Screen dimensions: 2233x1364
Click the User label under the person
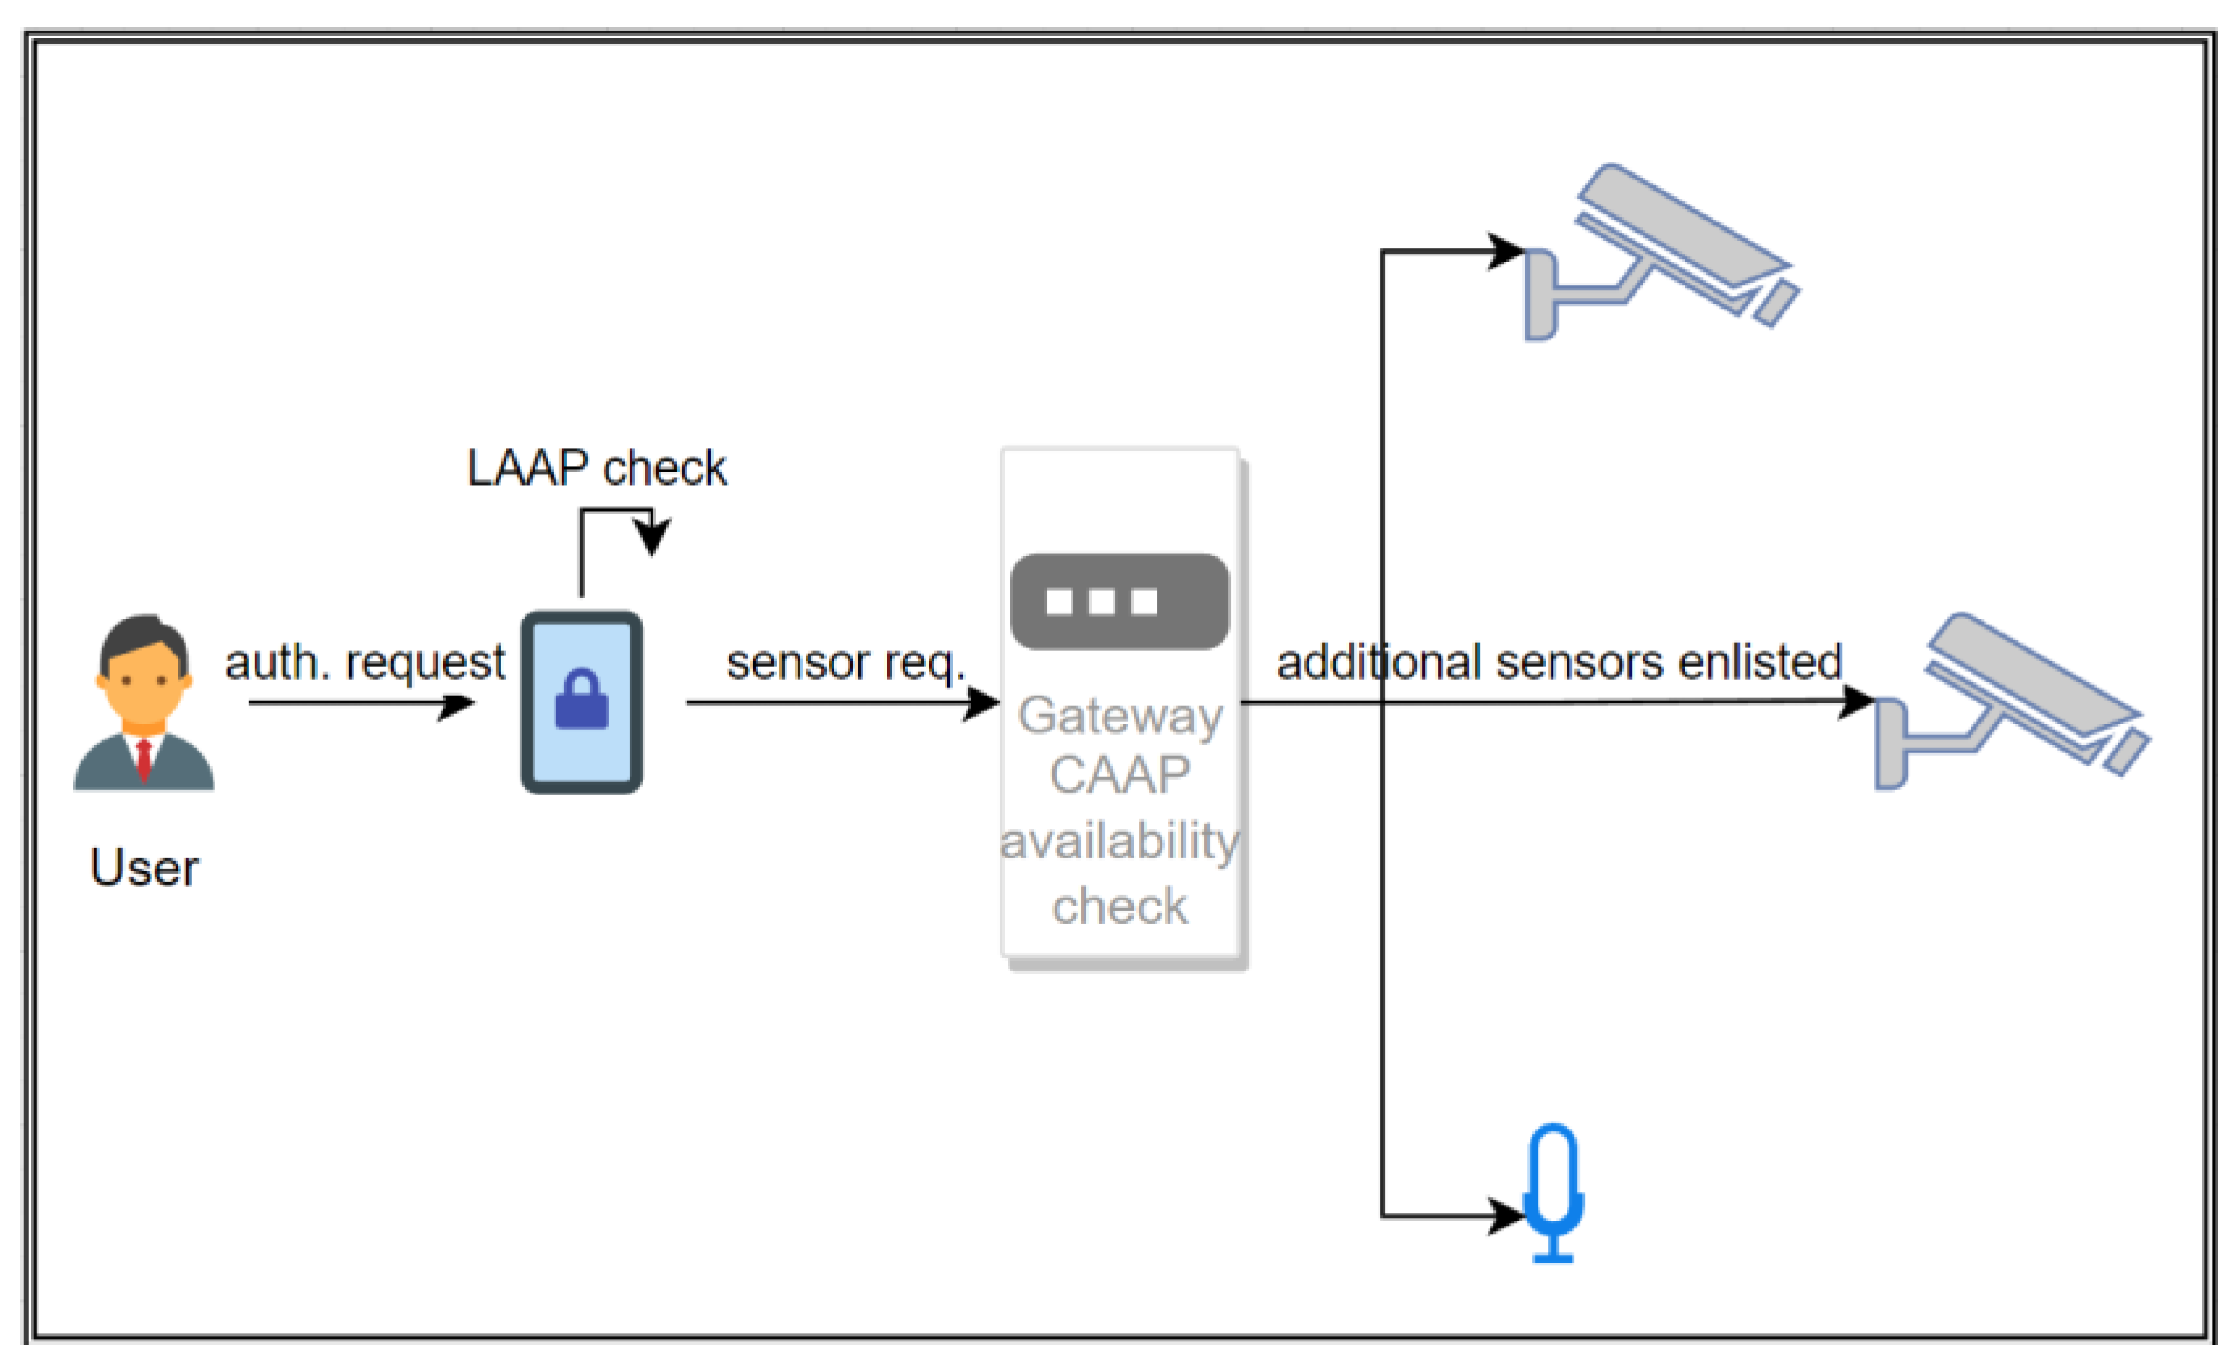144,868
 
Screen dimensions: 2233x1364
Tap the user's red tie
143,760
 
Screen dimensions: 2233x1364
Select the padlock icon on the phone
582,699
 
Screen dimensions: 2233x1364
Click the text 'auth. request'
366,662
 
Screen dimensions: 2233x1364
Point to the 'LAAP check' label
597,468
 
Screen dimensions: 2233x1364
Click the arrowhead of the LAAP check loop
652,535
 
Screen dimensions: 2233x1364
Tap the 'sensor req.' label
847,662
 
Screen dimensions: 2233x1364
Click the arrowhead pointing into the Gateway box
981,703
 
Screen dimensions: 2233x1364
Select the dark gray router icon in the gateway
1120,602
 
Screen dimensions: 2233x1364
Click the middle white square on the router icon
1102,602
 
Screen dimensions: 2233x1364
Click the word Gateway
1120,717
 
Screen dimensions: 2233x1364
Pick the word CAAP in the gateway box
1120,776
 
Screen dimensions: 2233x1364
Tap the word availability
1120,841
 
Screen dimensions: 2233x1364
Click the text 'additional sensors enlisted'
1559,661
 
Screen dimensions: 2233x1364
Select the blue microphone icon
1553,1193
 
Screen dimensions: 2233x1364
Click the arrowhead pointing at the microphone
1506,1215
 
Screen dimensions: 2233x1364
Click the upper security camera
1662,252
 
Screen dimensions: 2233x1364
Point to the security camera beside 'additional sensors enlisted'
2012,702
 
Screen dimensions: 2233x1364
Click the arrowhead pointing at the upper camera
1506,251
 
